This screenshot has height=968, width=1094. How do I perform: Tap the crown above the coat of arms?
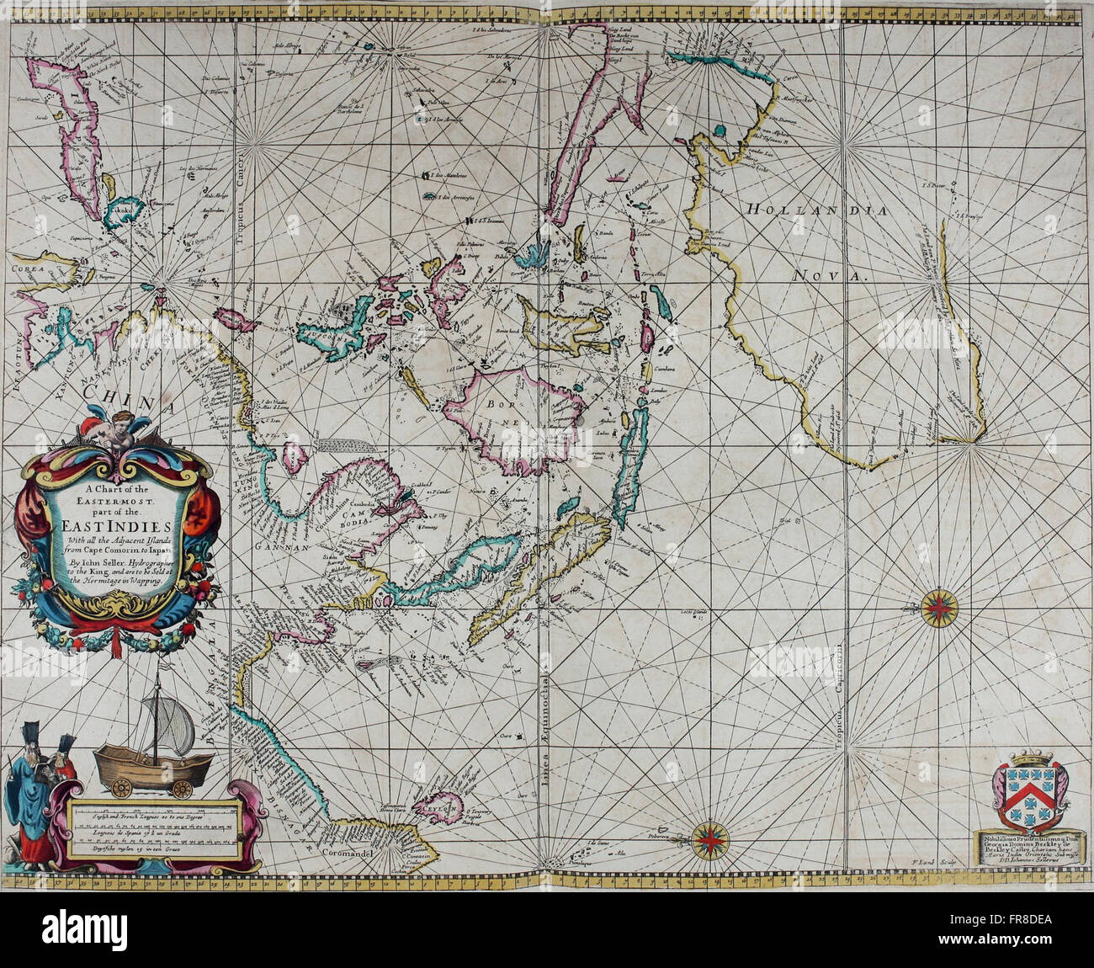tap(1031, 759)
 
